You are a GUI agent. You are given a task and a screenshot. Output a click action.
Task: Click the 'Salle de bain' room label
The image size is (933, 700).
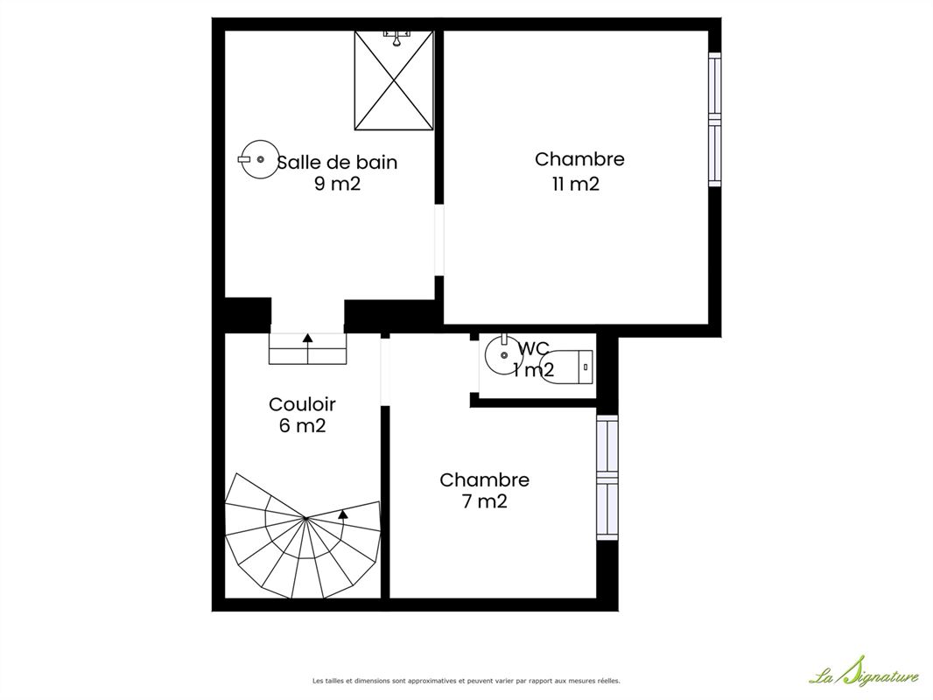click(337, 163)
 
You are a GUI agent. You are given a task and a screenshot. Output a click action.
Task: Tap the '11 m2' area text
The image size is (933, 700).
click(575, 184)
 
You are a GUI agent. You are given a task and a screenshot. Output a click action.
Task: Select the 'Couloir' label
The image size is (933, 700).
click(302, 404)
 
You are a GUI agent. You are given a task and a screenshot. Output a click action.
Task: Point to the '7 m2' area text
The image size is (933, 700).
click(484, 501)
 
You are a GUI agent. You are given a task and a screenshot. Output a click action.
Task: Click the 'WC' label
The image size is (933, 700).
click(533, 348)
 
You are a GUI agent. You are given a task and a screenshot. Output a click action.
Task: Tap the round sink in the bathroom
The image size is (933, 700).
click(260, 159)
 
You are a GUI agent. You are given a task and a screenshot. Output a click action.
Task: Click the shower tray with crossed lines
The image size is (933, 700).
click(394, 80)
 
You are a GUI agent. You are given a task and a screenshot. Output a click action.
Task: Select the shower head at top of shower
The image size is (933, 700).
click(396, 38)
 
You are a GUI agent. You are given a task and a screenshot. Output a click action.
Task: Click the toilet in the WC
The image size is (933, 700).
click(566, 367)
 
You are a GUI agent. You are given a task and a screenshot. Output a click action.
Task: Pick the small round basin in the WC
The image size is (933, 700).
click(504, 354)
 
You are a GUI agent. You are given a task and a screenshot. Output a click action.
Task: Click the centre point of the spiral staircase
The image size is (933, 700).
click(305, 519)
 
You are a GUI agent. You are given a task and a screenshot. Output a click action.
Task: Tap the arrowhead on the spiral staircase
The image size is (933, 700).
click(343, 514)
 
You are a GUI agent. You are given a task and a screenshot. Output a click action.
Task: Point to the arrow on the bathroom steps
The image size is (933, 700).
click(307, 348)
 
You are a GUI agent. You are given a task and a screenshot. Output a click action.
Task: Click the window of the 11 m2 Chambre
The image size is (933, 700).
click(714, 119)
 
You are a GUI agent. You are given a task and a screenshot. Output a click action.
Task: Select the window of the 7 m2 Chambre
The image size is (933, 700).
click(607, 477)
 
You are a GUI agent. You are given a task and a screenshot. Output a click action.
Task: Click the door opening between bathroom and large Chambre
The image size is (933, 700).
click(439, 241)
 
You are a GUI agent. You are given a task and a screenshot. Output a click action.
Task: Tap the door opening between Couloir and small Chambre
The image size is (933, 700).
click(385, 372)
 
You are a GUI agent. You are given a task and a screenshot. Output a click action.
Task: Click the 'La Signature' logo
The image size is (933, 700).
click(863, 671)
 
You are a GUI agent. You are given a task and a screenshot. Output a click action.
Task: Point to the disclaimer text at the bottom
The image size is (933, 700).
click(466, 681)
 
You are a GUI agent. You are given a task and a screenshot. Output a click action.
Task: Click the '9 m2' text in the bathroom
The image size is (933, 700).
click(337, 184)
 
